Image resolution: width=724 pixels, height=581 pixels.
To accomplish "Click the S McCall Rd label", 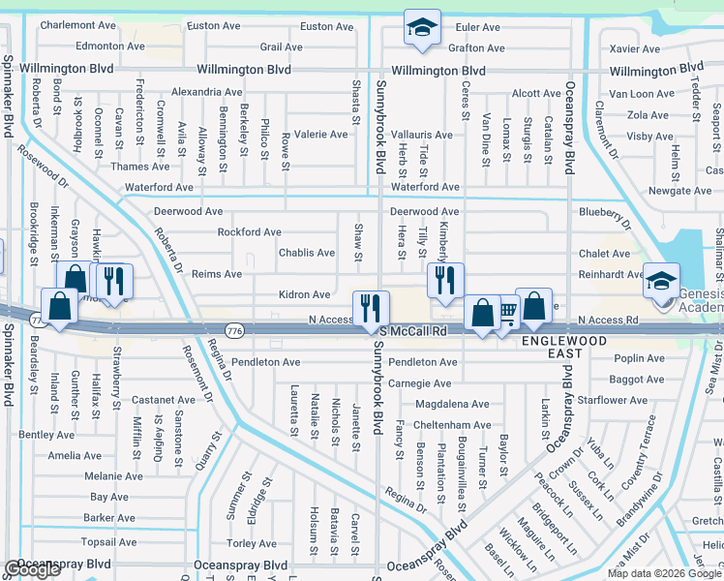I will pyautogui.click(x=413, y=331).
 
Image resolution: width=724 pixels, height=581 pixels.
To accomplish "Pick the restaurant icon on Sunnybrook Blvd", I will pyautogui.click(x=371, y=310).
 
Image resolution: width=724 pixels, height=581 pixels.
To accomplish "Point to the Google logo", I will pyautogui.click(x=32, y=569).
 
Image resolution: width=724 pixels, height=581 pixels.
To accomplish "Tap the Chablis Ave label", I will pyautogui.click(x=307, y=253).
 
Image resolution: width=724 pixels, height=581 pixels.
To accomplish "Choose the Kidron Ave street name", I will pyautogui.click(x=305, y=294).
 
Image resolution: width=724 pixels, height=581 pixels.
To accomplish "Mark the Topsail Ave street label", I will pyautogui.click(x=109, y=542).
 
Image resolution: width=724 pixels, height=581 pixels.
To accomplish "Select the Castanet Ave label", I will pyautogui.click(x=165, y=400).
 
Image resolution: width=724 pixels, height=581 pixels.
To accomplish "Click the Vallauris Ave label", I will pyautogui.click(x=422, y=135).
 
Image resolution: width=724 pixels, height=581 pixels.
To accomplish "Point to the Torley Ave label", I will pyautogui.click(x=252, y=544).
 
